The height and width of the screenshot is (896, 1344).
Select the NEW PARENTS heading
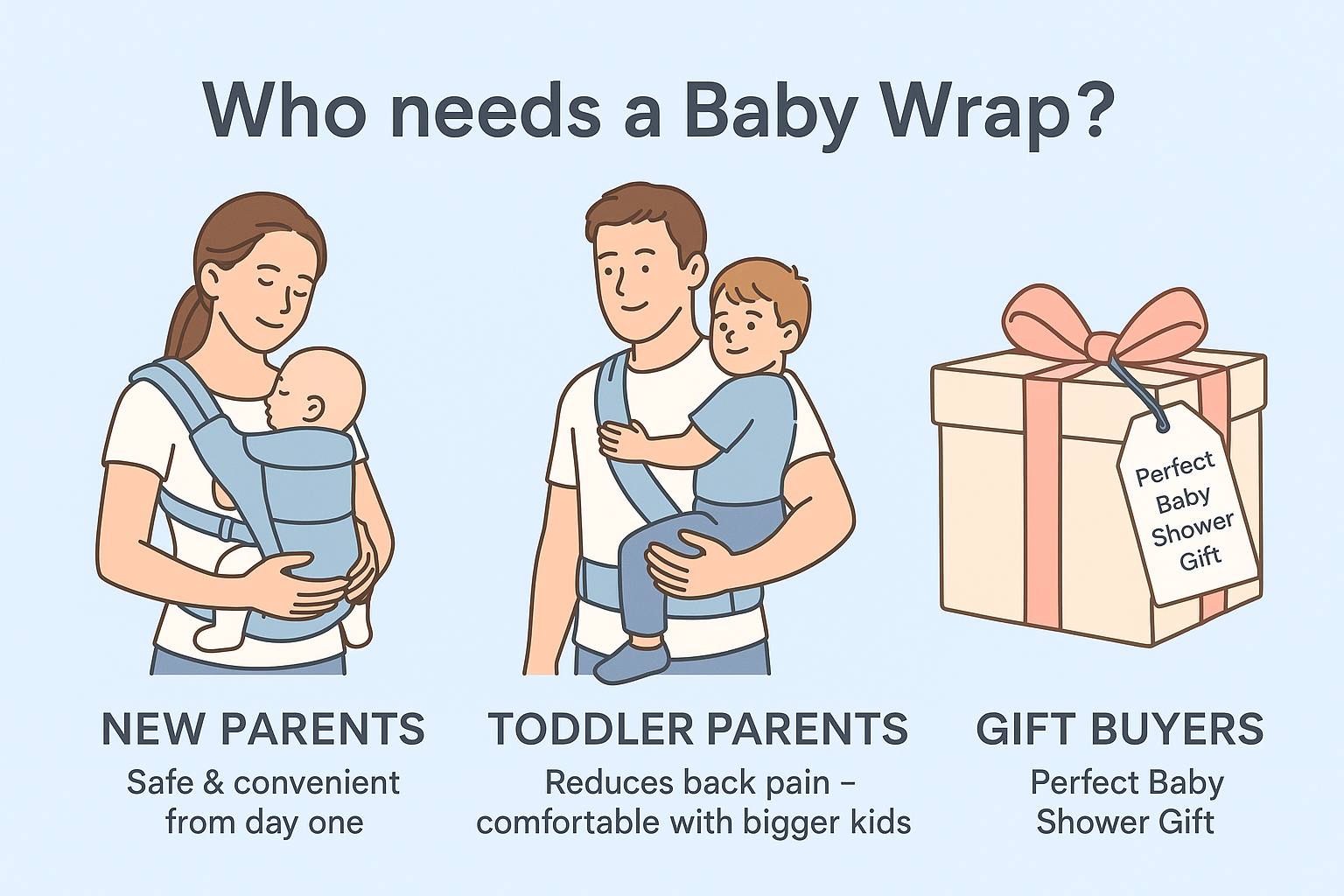pyautogui.click(x=263, y=729)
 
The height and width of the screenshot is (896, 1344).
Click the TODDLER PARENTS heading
pyautogui.click(x=697, y=729)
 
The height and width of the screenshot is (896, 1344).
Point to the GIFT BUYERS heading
pyautogui.click(x=1120, y=729)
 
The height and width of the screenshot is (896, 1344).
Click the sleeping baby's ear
pyautogui.click(x=313, y=409)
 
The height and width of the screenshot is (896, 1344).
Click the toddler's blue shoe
pyautogui.click(x=631, y=662)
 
